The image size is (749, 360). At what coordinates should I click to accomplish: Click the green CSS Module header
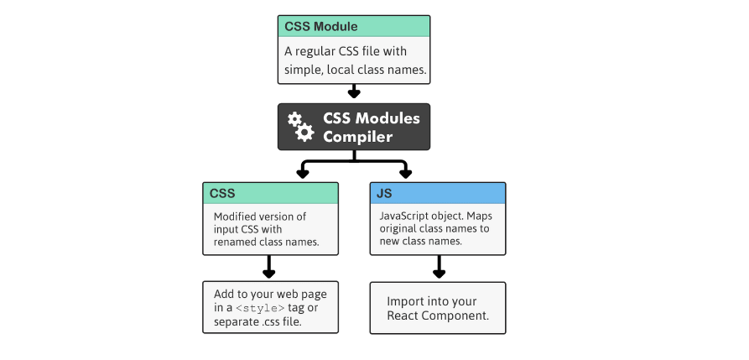(x=353, y=26)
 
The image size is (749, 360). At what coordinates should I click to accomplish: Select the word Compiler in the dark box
(x=358, y=137)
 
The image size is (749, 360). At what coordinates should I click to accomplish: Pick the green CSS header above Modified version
(x=270, y=193)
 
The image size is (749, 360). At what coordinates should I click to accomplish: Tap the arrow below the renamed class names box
(x=269, y=269)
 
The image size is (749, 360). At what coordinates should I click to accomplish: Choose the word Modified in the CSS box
(x=238, y=217)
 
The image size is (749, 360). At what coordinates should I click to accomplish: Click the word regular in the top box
(x=323, y=51)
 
